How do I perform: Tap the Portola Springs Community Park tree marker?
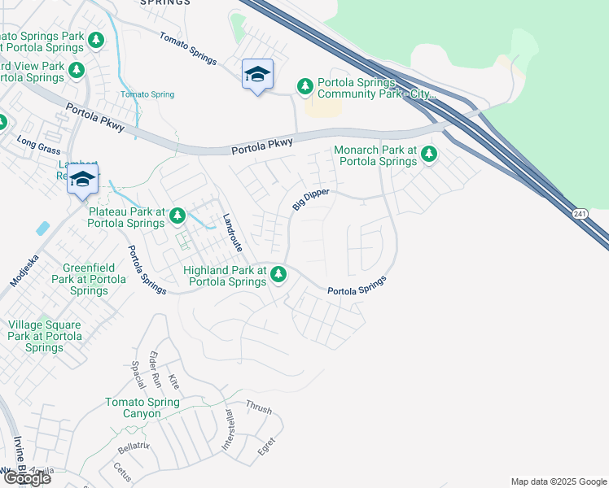(305, 85)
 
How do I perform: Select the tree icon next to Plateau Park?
(177, 216)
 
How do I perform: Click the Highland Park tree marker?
(278, 273)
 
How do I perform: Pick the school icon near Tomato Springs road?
(258, 75)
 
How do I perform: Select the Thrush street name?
(258, 408)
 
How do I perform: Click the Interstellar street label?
(229, 430)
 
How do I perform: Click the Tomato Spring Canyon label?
(144, 408)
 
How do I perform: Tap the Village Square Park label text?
(45, 336)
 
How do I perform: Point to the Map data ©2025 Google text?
(558, 481)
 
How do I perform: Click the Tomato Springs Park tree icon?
(96, 38)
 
